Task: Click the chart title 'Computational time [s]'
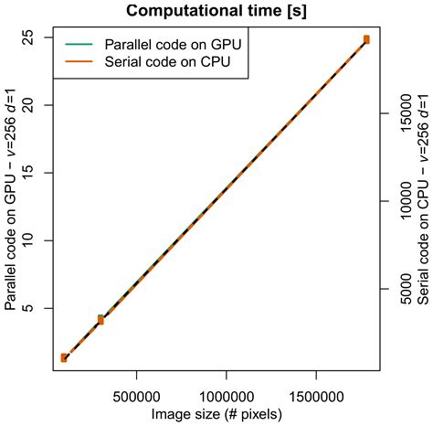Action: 216,11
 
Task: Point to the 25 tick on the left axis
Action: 39,37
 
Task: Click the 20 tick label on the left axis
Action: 39,104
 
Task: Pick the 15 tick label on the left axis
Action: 39,172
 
